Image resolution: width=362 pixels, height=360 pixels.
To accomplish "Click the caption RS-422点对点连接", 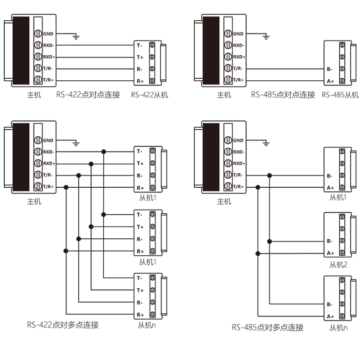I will pyautogui.click(x=88, y=95).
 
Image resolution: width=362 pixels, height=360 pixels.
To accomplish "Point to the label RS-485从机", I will pyautogui.click(x=341, y=95).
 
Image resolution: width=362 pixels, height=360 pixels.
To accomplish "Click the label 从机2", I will pyautogui.click(x=338, y=265).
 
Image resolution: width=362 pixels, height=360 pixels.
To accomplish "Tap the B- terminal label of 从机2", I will pyautogui.click(x=330, y=241).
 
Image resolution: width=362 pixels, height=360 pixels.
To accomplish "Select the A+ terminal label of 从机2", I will pyautogui.click(x=330, y=253).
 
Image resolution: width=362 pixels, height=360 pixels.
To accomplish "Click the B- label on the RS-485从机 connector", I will pyautogui.click(x=330, y=69).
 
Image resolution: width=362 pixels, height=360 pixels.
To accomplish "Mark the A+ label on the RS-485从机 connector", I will pyautogui.click(x=330, y=81).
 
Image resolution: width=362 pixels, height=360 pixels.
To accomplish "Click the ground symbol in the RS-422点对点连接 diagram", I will pyautogui.click(x=77, y=37).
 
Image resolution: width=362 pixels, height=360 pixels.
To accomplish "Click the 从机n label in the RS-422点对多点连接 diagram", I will pyautogui.click(x=147, y=325).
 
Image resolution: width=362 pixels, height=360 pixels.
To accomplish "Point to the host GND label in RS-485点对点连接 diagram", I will pyautogui.click(x=237, y=34).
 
